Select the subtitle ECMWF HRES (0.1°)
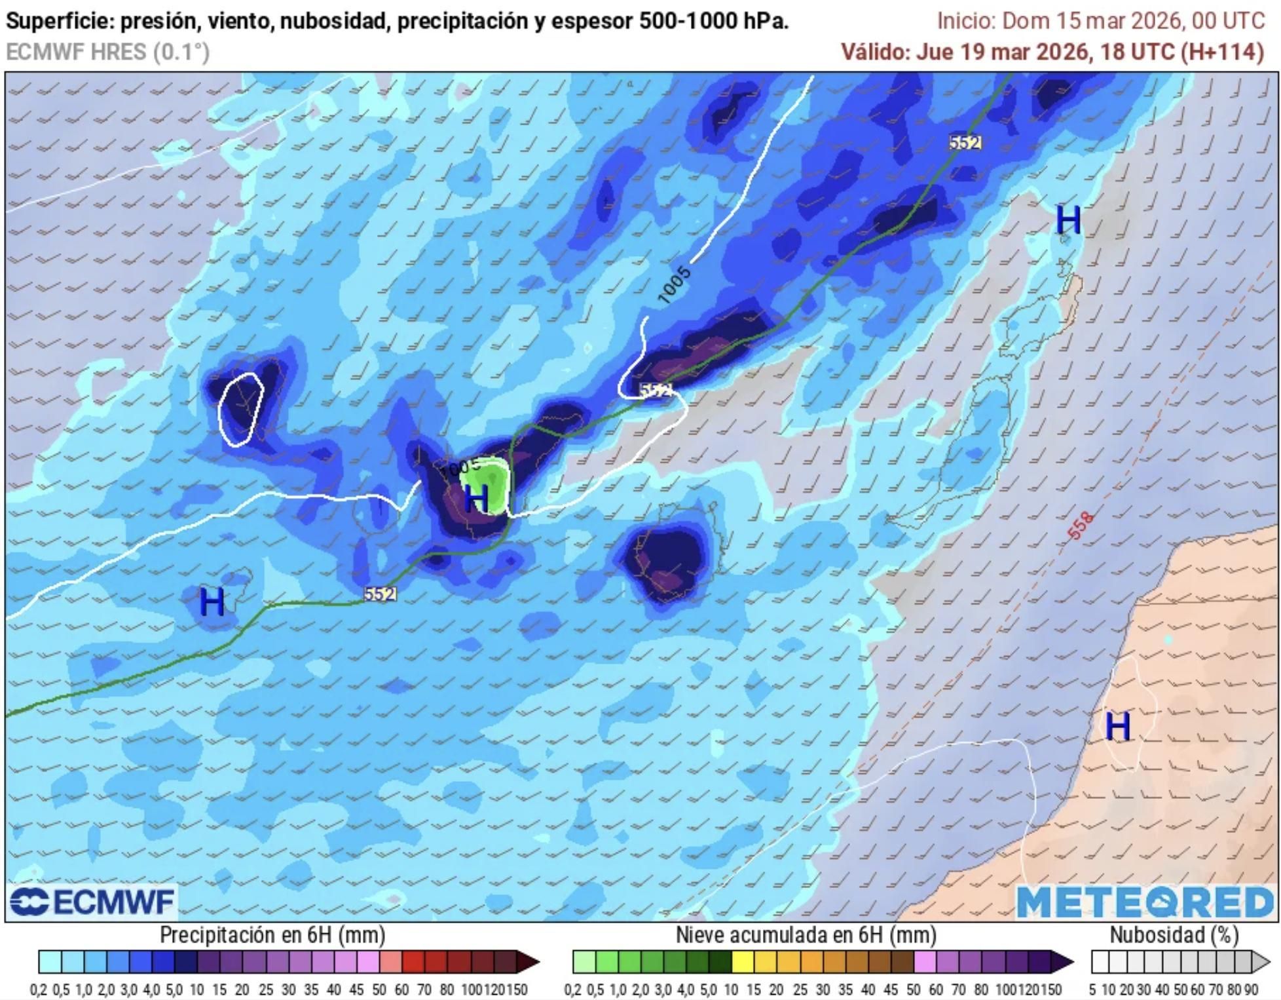click(108, 51)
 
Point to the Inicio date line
click(1100, 20)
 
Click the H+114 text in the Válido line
click(1222, 51)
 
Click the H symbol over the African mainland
click(1117, 726)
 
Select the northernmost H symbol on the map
click(1068, 220)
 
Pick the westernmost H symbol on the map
click(212, 601)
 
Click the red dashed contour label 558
click(1080, 526)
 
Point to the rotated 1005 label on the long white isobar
click(674, 285)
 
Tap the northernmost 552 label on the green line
click(965, 142)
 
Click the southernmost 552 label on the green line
click(380, 594)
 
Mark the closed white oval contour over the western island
click(240, 409)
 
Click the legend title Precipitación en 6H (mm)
click(272, 934)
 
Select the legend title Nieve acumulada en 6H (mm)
click(806, 934)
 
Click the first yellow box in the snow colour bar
click(743, 962)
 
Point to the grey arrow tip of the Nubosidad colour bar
click(1261, 962)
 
